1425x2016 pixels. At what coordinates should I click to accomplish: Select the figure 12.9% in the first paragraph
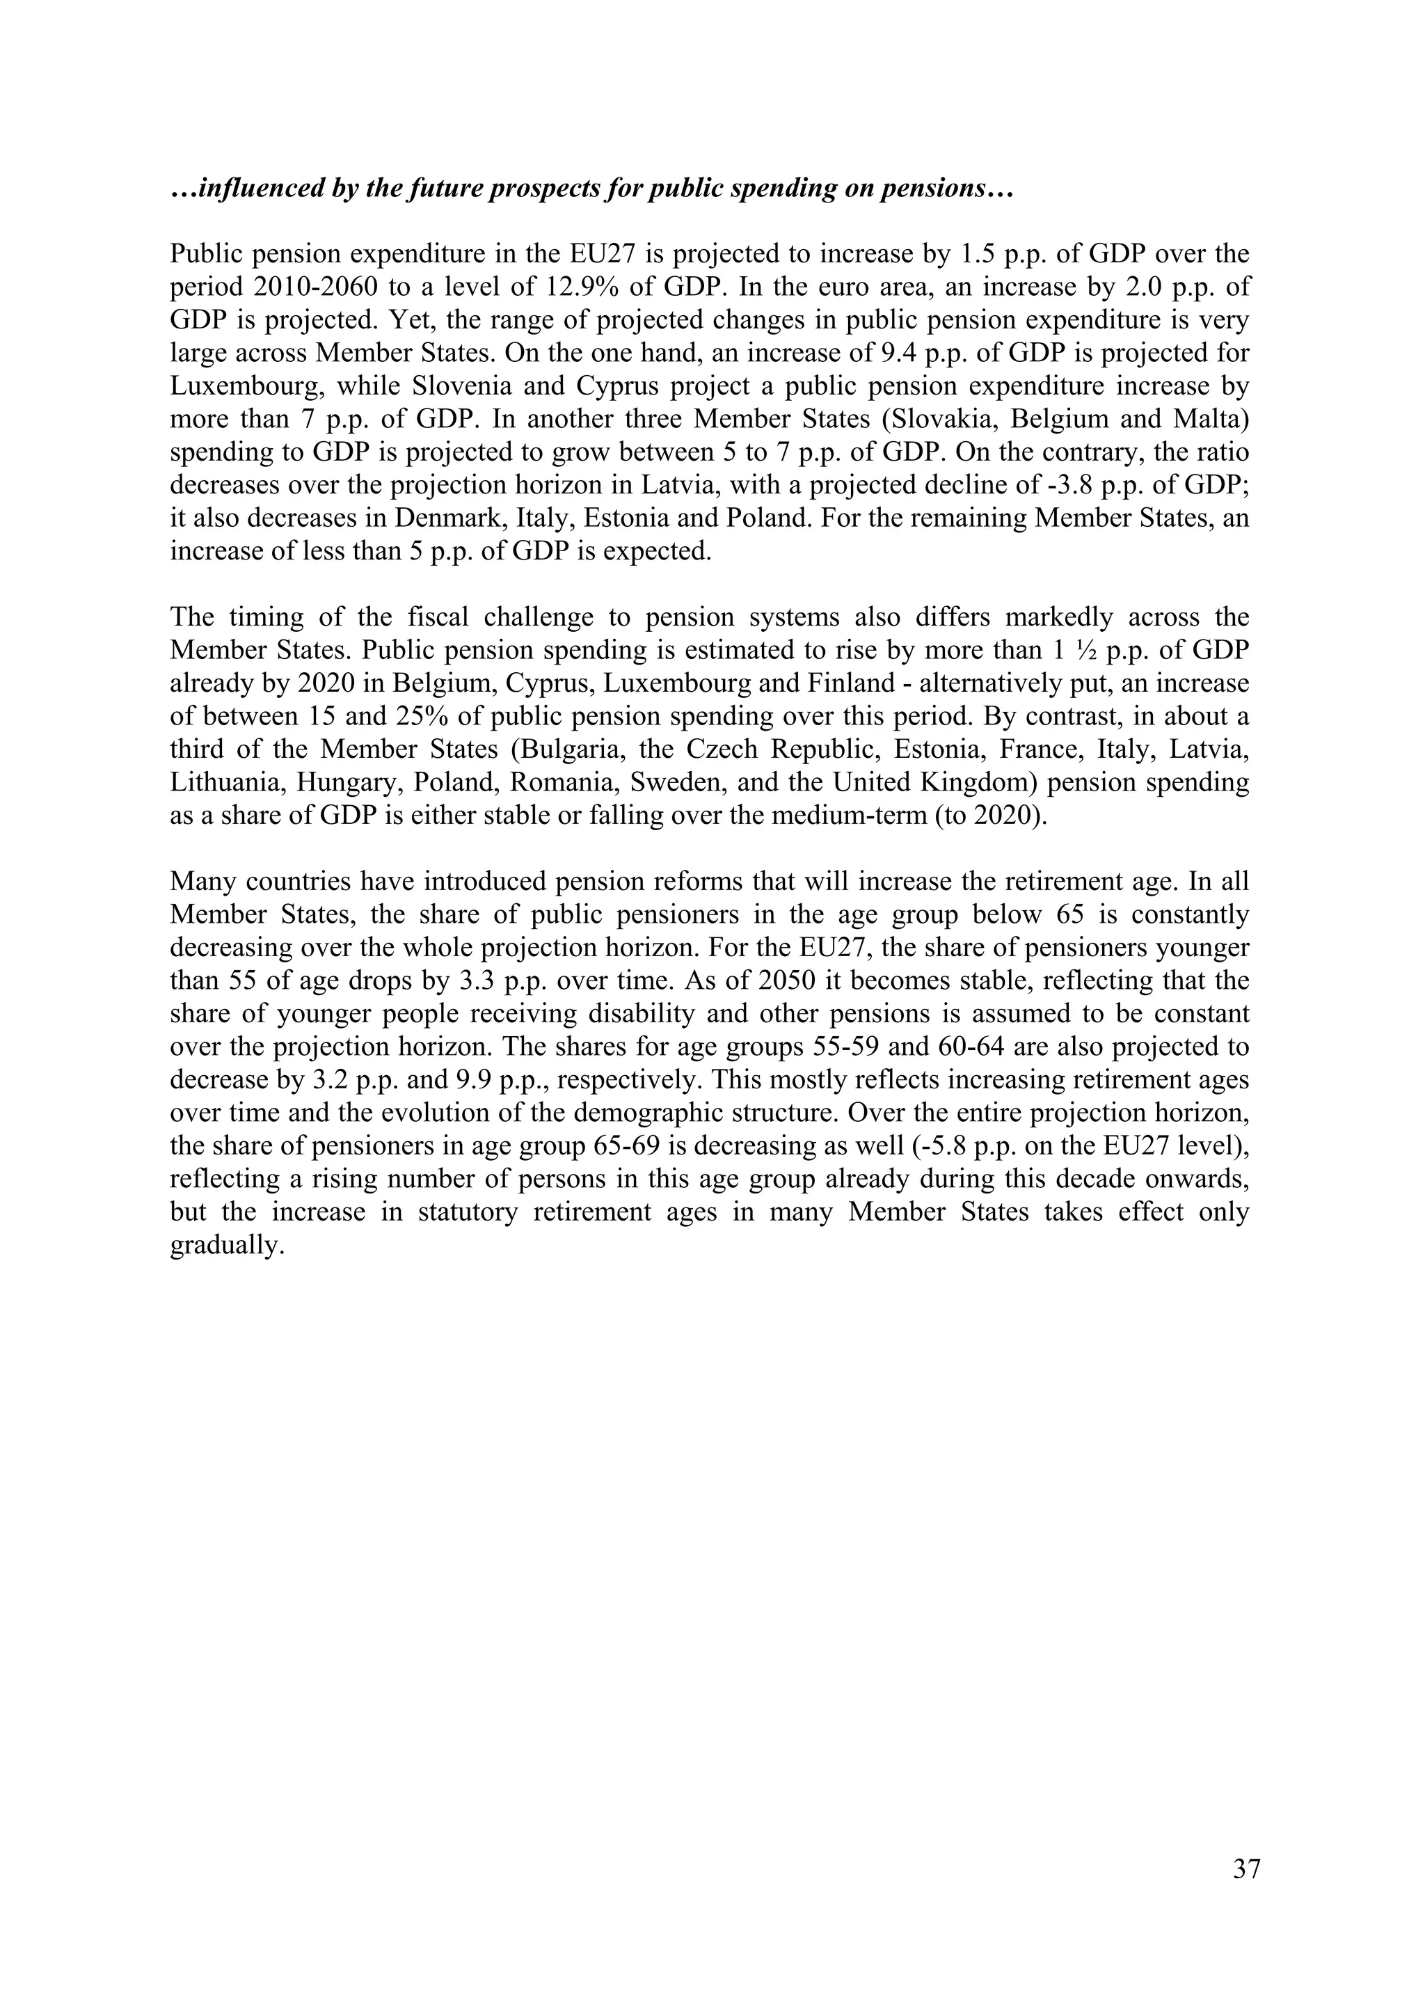[573, 287]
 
